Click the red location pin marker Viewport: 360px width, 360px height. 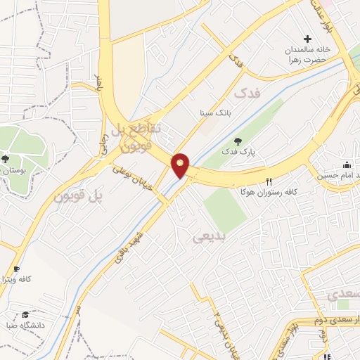tap(181, 165)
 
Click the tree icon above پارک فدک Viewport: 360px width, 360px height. tap(236, 141)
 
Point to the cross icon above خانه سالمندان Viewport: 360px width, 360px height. tap(307, 39)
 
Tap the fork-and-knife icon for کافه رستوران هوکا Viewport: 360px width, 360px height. tap(269, 181)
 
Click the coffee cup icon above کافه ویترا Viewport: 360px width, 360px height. tap(16, 269)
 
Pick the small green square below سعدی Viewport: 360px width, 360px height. tap(342, 304)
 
